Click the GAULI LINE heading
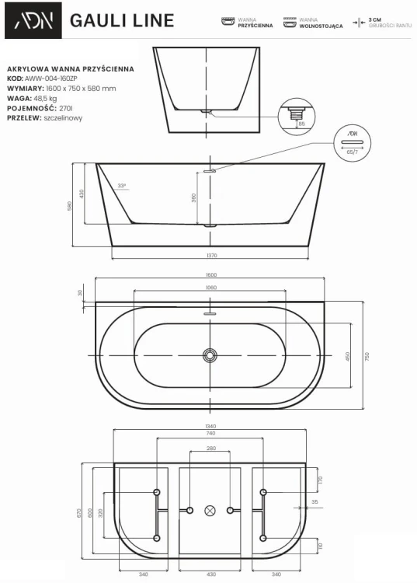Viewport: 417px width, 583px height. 122,20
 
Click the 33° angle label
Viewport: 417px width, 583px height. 122,187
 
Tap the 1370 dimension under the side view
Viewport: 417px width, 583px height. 211,254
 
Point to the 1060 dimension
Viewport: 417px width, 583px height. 211,288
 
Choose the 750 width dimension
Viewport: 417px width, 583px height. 368,355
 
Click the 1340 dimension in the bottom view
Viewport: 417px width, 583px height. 211,427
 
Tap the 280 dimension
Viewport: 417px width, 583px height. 211,449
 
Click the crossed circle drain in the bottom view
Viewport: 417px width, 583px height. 210,511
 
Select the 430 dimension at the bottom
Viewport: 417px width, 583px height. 211,574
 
